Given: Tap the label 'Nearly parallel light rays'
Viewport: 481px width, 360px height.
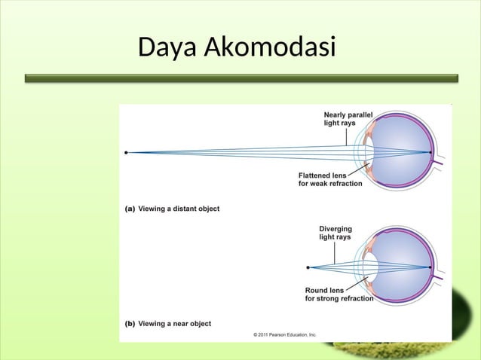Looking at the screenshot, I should (x=348, y=118).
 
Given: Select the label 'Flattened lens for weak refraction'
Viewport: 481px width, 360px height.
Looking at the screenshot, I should (x=330, y=179).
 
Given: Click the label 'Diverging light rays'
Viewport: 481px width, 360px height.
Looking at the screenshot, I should (x=335, y=233).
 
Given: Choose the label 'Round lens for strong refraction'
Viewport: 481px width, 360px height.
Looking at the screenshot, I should (x=339, y=294).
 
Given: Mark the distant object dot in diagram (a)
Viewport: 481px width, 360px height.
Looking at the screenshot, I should (x=126, y=152).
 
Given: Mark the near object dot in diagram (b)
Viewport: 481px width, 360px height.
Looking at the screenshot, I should (x=308, y=267).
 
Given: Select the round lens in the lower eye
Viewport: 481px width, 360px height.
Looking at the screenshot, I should (x=372, y=267).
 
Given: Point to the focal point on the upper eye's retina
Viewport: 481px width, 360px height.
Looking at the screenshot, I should (x=430, y=152).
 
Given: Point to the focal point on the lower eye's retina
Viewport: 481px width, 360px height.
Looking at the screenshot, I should (x=430, y=267).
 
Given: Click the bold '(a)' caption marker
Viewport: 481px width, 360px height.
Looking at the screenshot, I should (x=130, y=209).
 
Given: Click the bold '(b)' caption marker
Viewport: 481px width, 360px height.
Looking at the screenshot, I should (x=130, y=324).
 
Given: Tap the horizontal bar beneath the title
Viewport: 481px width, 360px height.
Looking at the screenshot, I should (x=241, y=78).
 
